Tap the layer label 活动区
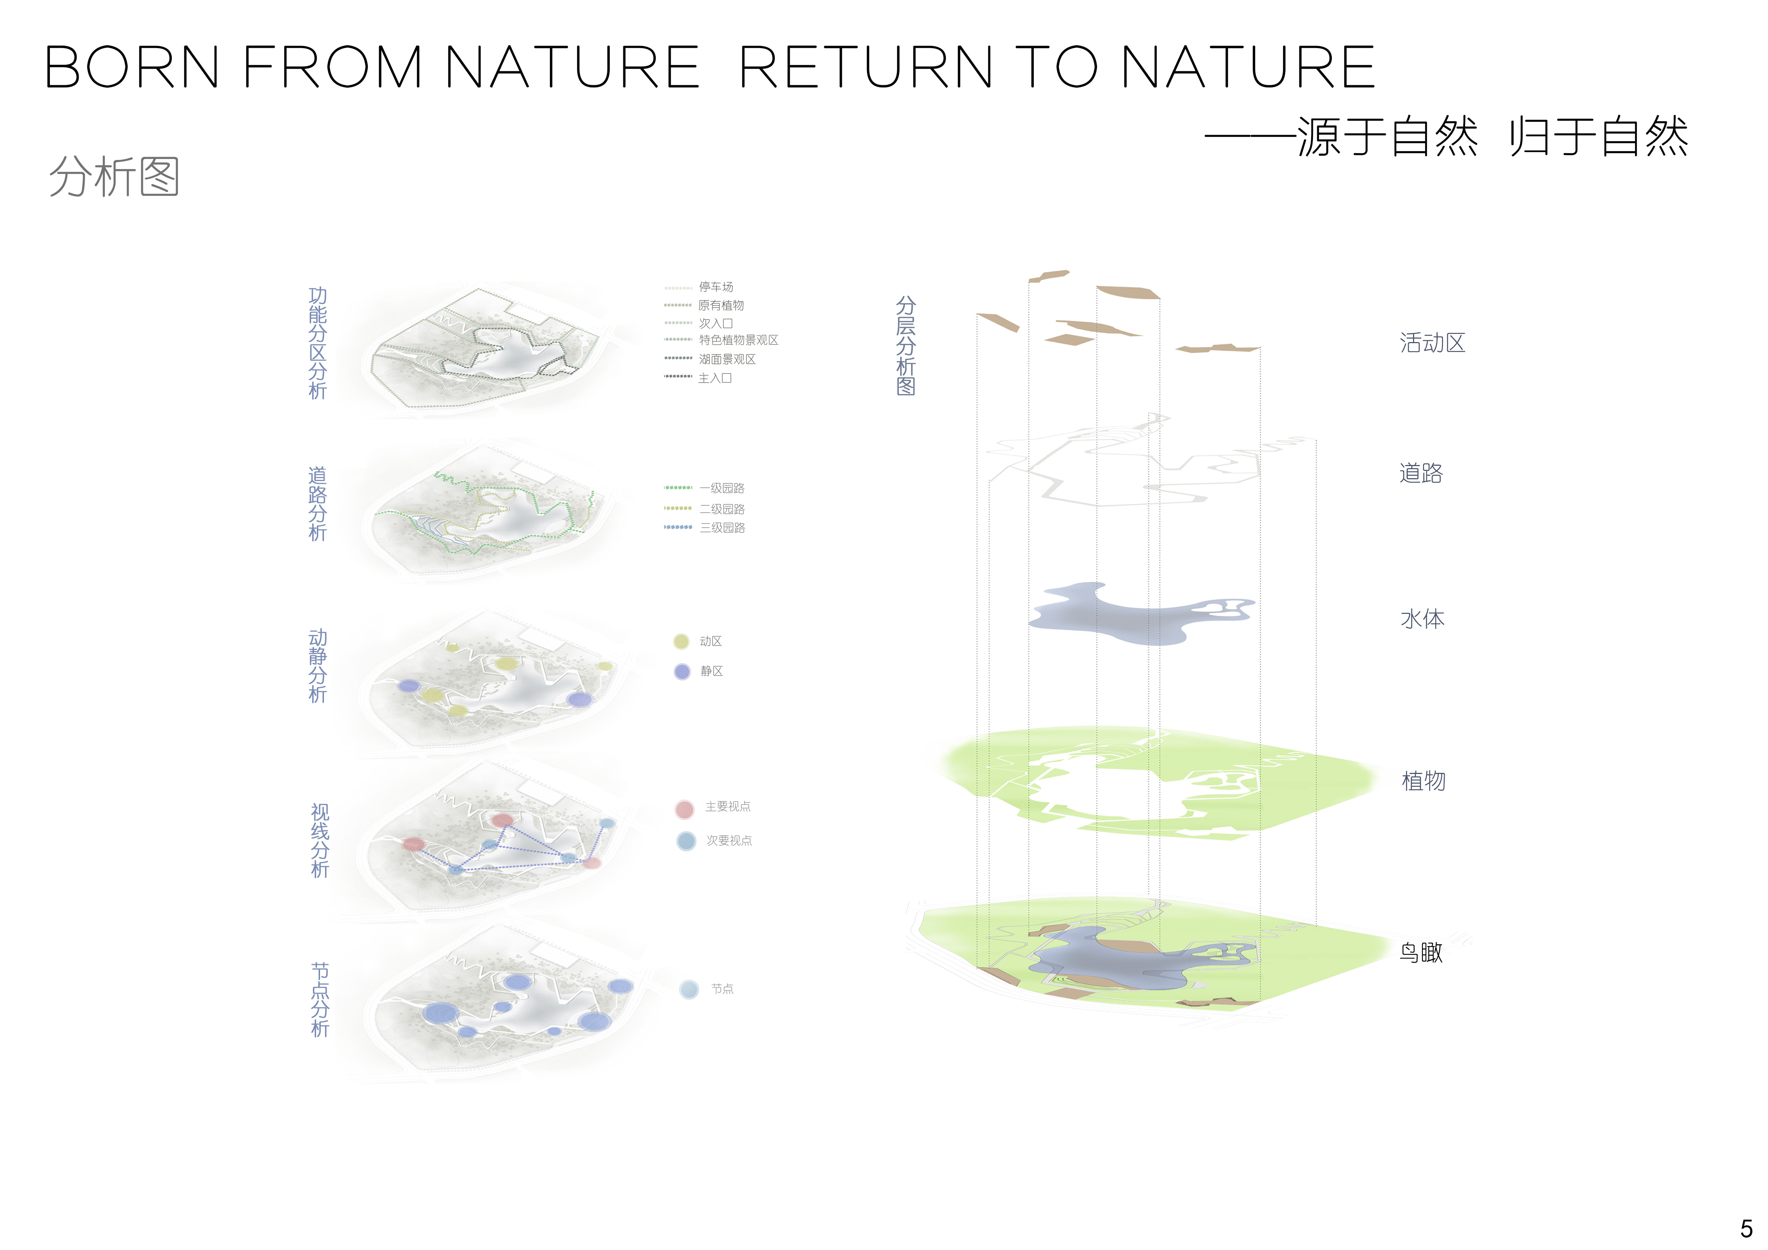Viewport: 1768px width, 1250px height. tap(1432, 342)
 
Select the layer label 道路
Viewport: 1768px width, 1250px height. tap(1421, 472)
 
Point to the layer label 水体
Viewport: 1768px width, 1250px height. tap(1422, 619)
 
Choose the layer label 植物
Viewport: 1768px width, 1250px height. tap(1424, 780)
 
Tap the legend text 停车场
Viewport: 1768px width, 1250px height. tap(716, 287)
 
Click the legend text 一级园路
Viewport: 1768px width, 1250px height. tap(722, 488)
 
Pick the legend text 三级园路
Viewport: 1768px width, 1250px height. tap(722, 527)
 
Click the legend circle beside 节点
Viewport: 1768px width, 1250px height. tap(689, 989)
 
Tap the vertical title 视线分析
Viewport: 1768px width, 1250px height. tap(320, 841)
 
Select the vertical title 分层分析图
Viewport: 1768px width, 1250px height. tap(906, 346)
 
